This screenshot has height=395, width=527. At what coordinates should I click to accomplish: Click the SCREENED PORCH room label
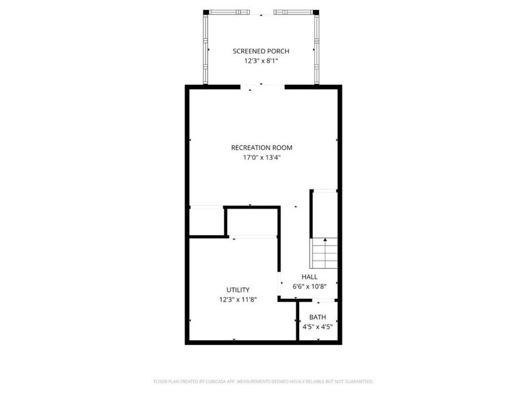[261, 51]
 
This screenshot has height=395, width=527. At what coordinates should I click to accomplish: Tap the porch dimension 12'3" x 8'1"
[261, 61]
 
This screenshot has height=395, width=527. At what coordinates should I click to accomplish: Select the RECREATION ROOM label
[262, 147]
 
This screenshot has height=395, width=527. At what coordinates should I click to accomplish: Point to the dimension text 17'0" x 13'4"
[262, 157]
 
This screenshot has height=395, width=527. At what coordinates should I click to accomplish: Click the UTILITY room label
[238, 290]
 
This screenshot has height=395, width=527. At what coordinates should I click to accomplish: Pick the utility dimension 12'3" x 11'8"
[238, 300]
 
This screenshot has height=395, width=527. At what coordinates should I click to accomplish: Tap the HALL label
[310, 277]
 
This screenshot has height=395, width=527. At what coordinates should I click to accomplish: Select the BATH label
[318, 317]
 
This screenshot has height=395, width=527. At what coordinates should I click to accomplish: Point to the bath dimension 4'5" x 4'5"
[318, 327]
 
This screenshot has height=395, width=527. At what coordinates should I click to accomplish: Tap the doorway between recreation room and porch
[262, 86]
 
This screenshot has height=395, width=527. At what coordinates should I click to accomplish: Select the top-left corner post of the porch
[206, 12]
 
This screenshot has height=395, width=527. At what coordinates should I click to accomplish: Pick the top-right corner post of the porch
[317, 12]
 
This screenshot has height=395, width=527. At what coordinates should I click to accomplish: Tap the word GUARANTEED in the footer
[358, 382]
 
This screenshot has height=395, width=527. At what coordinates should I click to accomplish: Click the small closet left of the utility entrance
[207, 223]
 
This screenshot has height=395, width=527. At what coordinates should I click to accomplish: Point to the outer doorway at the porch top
[262, 12]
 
